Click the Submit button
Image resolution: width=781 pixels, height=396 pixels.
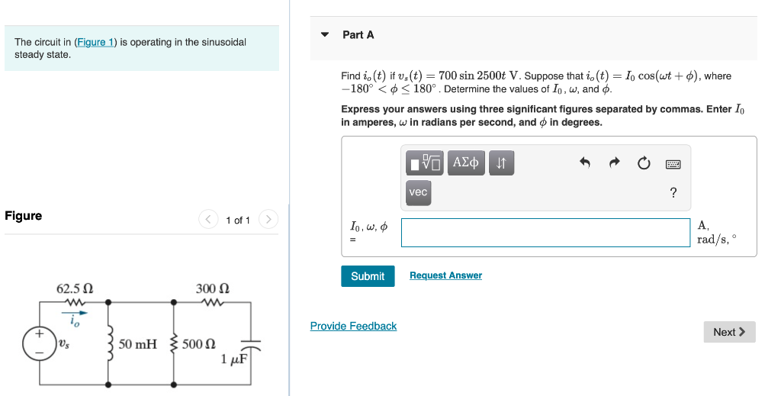[x=368, y=276]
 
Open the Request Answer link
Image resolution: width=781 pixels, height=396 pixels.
[x=445, y=275]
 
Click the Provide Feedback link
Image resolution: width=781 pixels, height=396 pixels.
[x=353, y=326]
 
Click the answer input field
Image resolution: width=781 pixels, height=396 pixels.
[x=545, y=233]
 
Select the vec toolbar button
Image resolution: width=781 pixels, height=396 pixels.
[x=418, y=192]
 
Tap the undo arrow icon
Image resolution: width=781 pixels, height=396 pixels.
[x=585, y=163]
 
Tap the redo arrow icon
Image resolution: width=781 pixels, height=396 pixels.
[x=615, y=163]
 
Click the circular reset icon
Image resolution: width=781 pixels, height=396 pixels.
[x=644, y=163]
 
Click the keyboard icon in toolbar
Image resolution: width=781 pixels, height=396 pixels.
[x=673, y=163]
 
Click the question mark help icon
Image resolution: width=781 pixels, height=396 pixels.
[x=673, y=193]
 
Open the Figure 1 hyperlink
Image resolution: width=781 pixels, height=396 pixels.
[x=95, y=42]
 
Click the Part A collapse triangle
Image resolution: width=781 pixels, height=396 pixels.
[x=325, y=35]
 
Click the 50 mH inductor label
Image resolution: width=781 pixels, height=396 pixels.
[x=137, y=344]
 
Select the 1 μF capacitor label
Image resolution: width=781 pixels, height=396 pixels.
[x=233, y=359]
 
